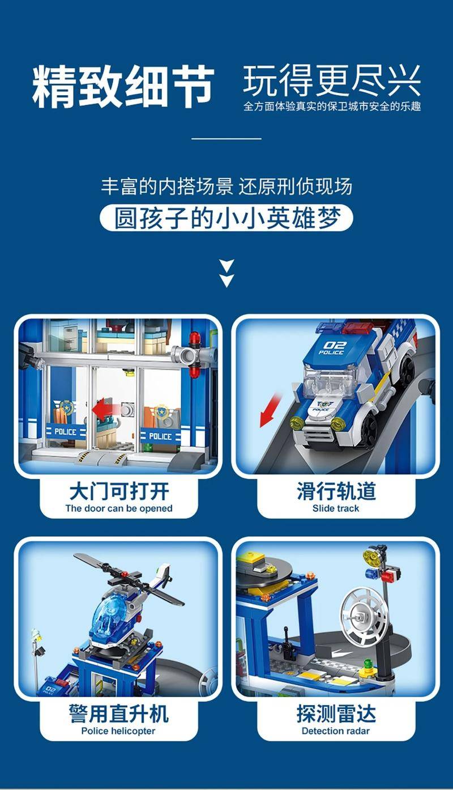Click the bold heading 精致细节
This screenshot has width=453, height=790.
pos(123,86)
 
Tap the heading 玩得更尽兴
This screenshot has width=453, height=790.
pos(332,81)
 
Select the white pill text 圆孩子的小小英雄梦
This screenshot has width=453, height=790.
pos(227,218)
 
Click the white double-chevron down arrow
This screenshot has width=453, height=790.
pos(226,273)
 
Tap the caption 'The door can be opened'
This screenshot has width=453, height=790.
pos(119,508)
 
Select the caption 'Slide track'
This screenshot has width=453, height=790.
pos(336,508)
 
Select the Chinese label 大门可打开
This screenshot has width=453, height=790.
pos(119,491)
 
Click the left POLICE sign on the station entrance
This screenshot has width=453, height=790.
pos(66,432)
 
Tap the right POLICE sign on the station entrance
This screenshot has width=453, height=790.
pos(160,436)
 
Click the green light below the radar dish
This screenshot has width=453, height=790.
pos(369,662)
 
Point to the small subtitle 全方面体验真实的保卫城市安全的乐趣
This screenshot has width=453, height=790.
pos(332,106)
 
